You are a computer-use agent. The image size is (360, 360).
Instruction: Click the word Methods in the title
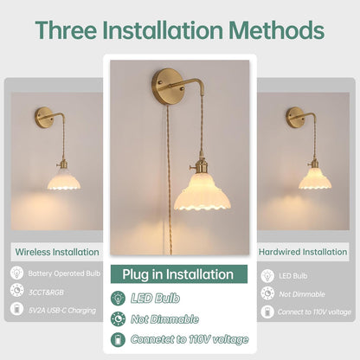(277, 30)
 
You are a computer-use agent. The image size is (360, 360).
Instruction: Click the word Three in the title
(66, 30)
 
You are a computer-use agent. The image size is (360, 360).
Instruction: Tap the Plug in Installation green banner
(179, 274)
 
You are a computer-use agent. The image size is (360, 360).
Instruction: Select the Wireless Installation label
(57, 252)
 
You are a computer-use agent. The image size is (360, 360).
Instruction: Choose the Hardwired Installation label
(303, 252)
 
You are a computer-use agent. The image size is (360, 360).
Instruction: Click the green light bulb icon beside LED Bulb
(118, 298)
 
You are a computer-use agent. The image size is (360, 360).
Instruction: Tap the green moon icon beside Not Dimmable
(118, 319)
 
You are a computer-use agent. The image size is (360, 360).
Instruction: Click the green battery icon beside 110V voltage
(118, 339)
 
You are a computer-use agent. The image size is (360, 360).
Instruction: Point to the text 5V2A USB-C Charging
(62, 311)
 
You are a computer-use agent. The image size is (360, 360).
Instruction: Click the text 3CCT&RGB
(46, 292)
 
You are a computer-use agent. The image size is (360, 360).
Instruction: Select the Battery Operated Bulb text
(64, 273)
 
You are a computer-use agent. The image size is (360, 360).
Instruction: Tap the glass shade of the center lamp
(202, 192)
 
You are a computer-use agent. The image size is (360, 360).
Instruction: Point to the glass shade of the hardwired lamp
(315, 179)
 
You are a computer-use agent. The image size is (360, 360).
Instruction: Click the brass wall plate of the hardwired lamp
(294, 117)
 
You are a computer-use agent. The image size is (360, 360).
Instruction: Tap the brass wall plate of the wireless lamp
(43, 118)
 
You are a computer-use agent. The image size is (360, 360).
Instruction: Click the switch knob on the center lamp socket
(191, 167)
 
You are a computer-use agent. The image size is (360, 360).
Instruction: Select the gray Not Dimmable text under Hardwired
(302, 294)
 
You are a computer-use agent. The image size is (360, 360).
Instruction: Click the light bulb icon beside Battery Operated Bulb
(17, 273)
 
